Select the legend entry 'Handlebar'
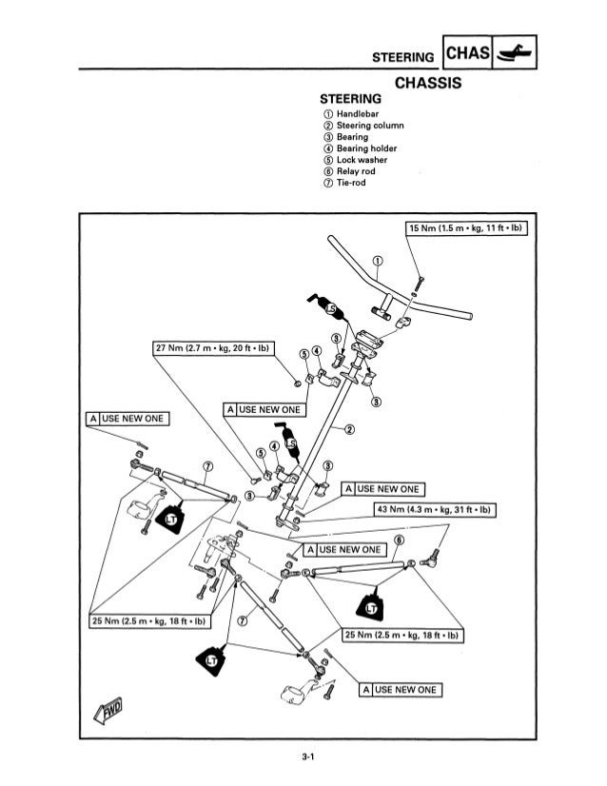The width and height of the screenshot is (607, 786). pyautogui.click(x=358, y=114)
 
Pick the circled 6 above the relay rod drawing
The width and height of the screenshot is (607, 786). pyautogui.click(x=399, y=540)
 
